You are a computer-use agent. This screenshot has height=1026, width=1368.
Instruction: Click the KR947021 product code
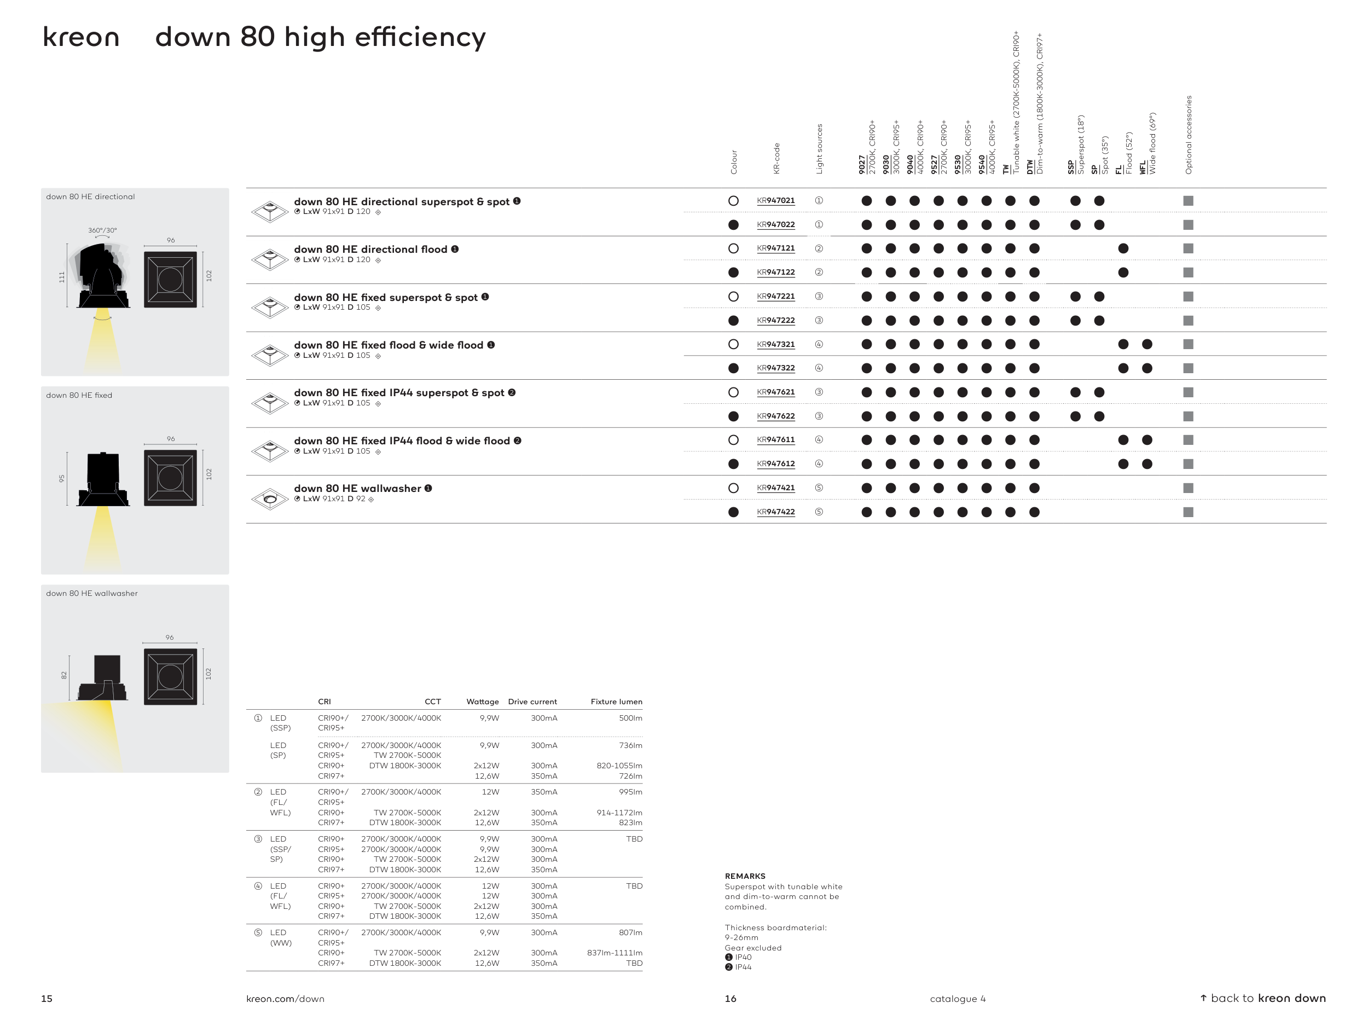pos(775,200)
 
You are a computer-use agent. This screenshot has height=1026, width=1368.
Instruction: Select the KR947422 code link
pos(775,512)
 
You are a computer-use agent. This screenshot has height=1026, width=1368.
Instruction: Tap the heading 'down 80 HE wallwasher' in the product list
pos(357,489)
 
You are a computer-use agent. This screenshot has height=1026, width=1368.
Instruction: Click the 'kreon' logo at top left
pos(80,38)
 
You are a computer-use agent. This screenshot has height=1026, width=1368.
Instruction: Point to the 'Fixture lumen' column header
pos(616,702)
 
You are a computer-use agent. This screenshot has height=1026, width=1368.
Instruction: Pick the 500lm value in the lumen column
pos(630,718)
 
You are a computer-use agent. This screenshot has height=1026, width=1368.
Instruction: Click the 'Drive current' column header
pos(532,702)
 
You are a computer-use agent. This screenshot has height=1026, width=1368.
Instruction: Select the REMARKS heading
pos(745,876)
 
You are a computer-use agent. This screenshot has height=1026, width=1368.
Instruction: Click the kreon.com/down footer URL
pos(285,999)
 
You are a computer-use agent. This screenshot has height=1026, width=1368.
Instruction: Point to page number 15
pos(47,999)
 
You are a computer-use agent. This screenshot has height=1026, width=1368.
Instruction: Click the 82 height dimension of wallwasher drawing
pos(63,675)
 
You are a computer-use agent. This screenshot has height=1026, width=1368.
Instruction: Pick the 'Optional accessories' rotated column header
pos(1188,135)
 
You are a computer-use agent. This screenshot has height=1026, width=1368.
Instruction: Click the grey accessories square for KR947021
pos(1188,201)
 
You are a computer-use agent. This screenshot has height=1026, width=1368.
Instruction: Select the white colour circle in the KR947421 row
pos(733,488)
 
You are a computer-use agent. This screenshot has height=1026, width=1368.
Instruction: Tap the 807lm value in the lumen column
pos(630,932)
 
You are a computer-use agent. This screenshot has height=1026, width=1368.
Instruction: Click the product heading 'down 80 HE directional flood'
pos(370,249)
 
